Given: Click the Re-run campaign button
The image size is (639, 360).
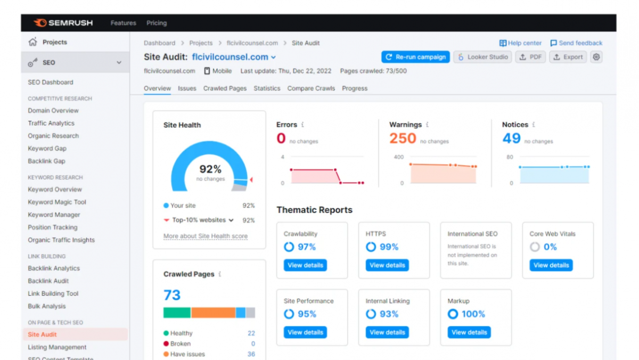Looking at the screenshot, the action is [x=415, y=57].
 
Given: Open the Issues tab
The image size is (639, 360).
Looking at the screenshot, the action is [x=187, y=88].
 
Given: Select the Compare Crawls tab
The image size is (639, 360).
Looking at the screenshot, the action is [x=311, y=88].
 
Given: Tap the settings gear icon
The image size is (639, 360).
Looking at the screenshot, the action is [x=596, y=57].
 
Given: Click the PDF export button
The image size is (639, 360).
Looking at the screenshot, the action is [x=530, y=57].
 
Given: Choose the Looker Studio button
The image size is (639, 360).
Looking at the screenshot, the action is [x=482, y=57].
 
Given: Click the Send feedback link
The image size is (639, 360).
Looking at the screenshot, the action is [x=576, y=43].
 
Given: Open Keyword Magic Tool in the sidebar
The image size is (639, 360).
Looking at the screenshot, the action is [x=57, y=202].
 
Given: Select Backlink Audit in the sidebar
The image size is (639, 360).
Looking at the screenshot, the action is [x=48, y=281].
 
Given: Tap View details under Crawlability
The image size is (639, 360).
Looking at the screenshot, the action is [x=305, y=265].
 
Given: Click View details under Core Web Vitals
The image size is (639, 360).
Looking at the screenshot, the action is [x=551, y=265].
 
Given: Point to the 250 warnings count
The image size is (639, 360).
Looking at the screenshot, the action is [x=403, y=138].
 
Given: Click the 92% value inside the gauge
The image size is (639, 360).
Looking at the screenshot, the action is [x=210, y=169].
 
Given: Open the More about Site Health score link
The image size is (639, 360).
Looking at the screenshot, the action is [x=206, y=236].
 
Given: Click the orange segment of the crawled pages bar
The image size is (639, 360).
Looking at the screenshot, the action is [x=214, y=313].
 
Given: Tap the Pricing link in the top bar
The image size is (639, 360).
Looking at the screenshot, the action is [x=157, y=23].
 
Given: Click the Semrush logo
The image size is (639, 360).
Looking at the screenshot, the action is [x=63, y=23].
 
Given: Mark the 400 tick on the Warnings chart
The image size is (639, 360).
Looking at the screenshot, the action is [x=398, y=157].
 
